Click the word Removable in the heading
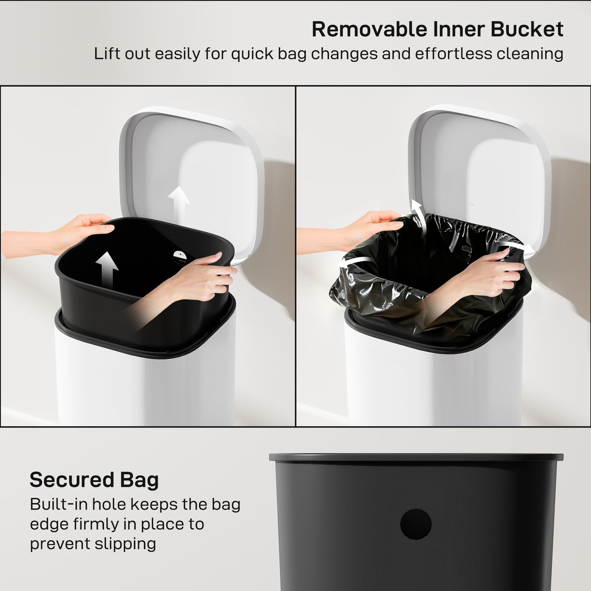(x=369, y=29)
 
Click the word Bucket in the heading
(x=527, y=29)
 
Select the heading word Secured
(x=72, y=480)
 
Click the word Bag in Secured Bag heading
(x=139, y=480)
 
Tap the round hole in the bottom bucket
(x=416, y=524)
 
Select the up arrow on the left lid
(x=179, y=202)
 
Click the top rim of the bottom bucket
(x=416, y=457)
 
